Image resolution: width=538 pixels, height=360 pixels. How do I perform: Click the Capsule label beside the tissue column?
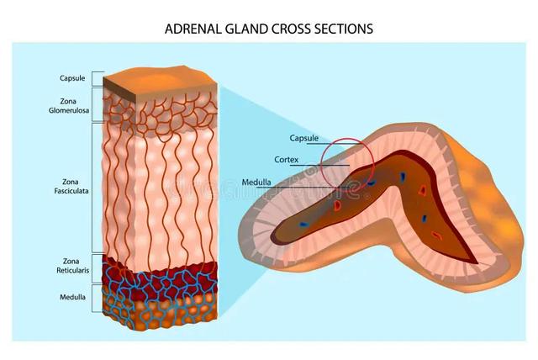click(x=72, y=78)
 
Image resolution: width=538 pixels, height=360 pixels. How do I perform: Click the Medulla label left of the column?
click(x=72, y=297)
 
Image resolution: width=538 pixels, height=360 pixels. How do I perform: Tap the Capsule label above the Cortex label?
click(x=305, y=138)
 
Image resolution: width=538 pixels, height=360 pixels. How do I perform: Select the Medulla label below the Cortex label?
click(x=256, y=181)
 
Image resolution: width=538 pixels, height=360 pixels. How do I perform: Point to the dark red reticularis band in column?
click(x=160, y=274)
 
